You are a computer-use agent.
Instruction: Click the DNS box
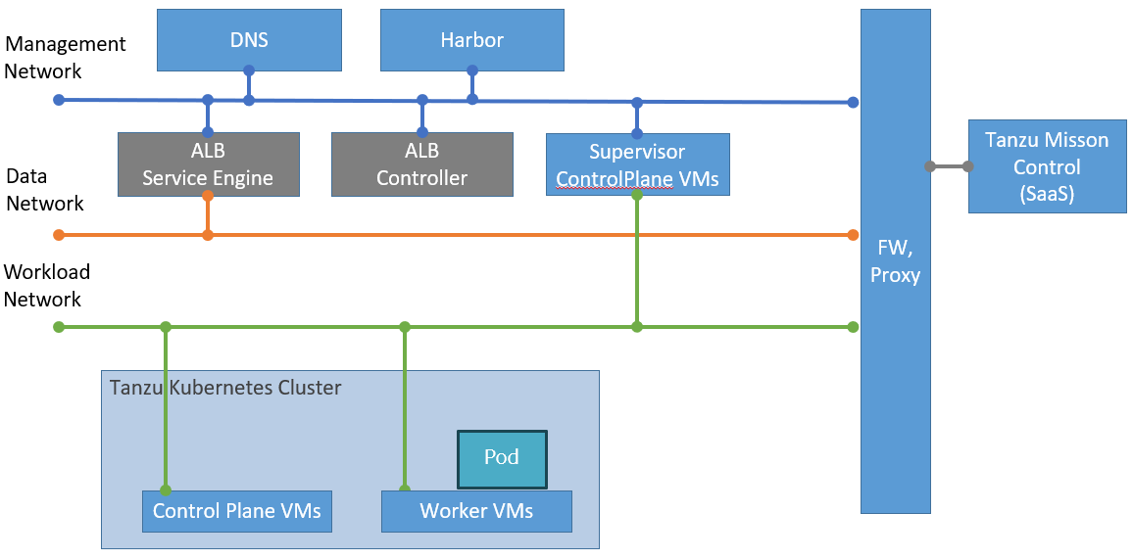(x=250, y=40)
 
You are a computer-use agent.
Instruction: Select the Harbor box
(x=471, y=40)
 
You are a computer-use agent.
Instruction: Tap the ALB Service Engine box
(x=207, y=164)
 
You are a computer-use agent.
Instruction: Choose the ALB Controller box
(x=421, y=164)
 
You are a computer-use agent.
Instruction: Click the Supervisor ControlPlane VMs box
(x=637, y=164)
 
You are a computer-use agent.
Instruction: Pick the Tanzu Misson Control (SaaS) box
(x=1047, y=166)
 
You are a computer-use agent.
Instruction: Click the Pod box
(x=502, y=458)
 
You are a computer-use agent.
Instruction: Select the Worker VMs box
(x=476, y=511)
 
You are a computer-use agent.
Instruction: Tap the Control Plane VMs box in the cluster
(x=237, y=511)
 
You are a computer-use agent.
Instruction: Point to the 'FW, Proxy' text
(x=895, y=262)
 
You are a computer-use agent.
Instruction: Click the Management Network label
(x=65, y=58)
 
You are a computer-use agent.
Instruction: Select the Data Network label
(x=45, y=190)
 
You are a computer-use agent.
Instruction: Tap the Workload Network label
(x=47, y=285)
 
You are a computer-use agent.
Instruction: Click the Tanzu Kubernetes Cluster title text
(x=225, y=388)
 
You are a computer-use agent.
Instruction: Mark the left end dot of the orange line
(x=59, y=235)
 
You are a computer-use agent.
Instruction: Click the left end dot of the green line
(x=59, y=327)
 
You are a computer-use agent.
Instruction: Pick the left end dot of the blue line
(x=59, y=100)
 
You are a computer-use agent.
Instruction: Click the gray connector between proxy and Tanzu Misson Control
(x=948, y=166)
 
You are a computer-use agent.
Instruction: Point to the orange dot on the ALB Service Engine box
(x=208, y=196)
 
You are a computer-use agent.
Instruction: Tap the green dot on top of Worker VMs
(x=404, y=490)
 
